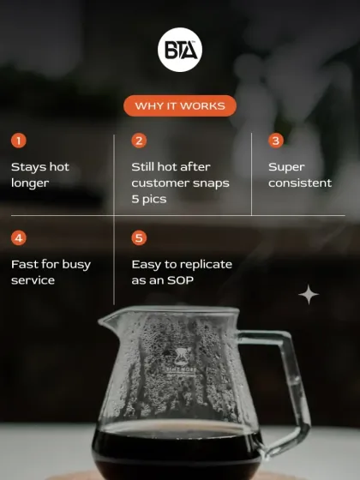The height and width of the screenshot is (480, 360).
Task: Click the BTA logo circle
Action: (180, 51)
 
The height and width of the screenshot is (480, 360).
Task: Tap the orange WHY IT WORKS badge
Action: (180, 106)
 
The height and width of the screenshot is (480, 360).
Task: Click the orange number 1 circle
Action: (19, 141)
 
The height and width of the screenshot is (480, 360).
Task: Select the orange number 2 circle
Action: (139, 141)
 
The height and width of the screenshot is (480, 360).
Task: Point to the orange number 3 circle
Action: (276, 141)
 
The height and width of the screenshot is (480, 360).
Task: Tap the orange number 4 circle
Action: (19, 237)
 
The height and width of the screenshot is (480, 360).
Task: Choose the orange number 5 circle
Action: (139, 237)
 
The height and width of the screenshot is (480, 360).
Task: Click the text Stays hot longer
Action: (39, 175)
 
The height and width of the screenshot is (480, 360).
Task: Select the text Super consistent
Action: (299, 175)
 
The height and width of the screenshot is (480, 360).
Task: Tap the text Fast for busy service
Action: (51, 272)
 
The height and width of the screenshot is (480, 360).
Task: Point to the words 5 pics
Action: (148, 199)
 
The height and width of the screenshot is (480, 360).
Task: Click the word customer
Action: (161, 183)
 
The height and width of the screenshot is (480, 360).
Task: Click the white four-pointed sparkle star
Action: (309, 295)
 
